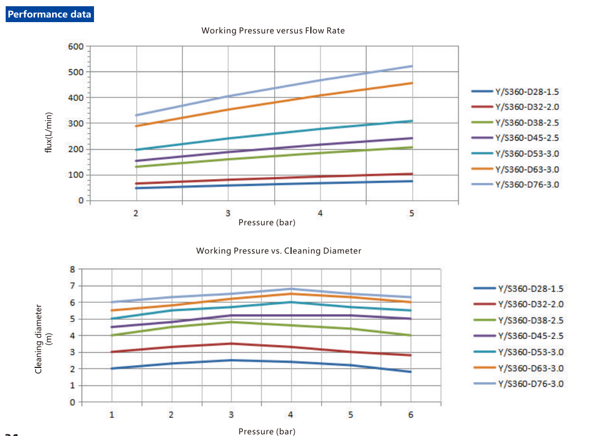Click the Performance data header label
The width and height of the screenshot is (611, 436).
click(49, 14)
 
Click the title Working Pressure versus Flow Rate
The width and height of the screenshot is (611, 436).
click(273, 31)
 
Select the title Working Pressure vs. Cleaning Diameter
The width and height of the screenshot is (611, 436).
click(278, 251)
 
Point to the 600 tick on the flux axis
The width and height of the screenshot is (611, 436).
click(76, 46)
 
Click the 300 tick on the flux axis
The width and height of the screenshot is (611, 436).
click(76, 124)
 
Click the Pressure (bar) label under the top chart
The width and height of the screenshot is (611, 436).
click(267, 222)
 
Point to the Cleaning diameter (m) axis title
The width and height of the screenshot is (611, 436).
click(42, 338)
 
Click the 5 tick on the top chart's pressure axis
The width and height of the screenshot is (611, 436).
click(412, 213)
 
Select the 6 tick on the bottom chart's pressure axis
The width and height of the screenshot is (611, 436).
click(411, 414)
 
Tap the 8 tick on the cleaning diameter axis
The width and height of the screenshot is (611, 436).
click(72, 269)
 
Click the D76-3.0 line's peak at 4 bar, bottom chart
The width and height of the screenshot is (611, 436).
click(291, 289)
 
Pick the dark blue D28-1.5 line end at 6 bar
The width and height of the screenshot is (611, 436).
click(411, 372)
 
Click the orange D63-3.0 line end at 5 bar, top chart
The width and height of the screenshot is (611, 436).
click(412, 83)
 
